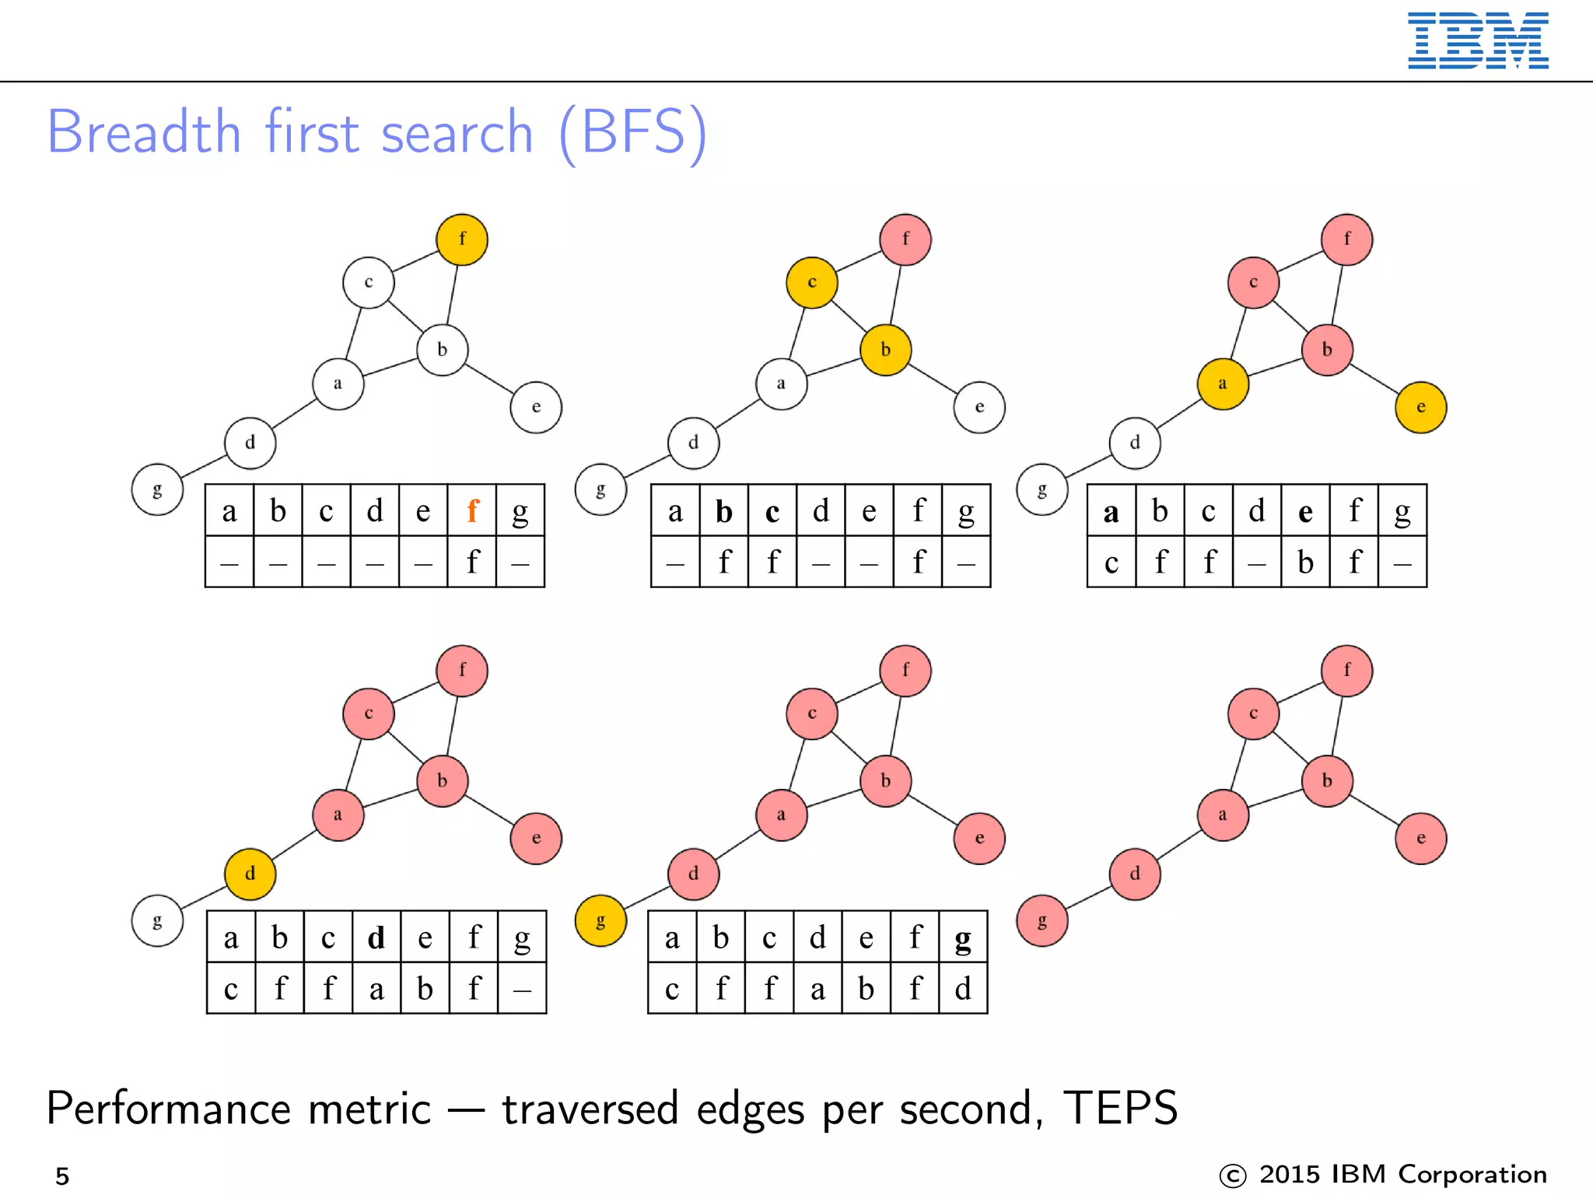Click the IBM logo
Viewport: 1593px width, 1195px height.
(1477, 40)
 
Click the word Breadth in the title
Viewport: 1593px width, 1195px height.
(144, 132)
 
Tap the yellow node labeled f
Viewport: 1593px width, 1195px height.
(462, 240)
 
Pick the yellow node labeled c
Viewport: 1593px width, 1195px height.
(811, 282)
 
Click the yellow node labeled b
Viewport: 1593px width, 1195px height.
(885, 350)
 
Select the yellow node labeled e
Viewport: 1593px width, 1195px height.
(1420, 407)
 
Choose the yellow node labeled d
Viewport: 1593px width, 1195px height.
(250, 874)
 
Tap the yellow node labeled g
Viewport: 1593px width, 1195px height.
(600, 921)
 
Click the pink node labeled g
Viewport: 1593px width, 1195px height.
(1042, 921)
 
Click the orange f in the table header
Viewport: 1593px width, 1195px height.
(472, 511)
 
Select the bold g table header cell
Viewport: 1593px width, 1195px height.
(963, 938)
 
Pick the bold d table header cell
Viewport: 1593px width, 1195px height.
(376, 938)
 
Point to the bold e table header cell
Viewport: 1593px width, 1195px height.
(1305, 511)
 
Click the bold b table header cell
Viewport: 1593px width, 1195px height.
(724, 511)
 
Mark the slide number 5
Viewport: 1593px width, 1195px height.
(62, 1176)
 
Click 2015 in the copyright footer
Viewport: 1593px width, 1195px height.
(1290, 1175)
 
